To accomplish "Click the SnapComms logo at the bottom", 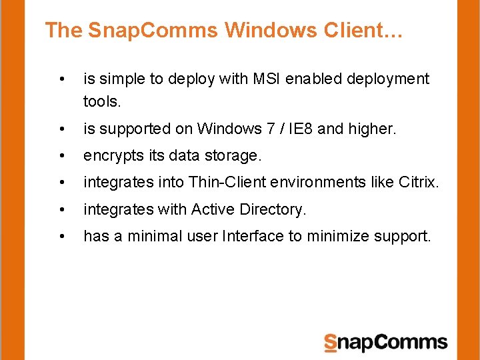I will (385, 343).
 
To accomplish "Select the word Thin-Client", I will (228, 182).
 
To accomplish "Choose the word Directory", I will (271, 209).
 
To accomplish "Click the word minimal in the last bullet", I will (151, 236).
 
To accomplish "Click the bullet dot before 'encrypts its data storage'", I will (62, 156).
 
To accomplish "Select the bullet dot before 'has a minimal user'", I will (62, 237).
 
